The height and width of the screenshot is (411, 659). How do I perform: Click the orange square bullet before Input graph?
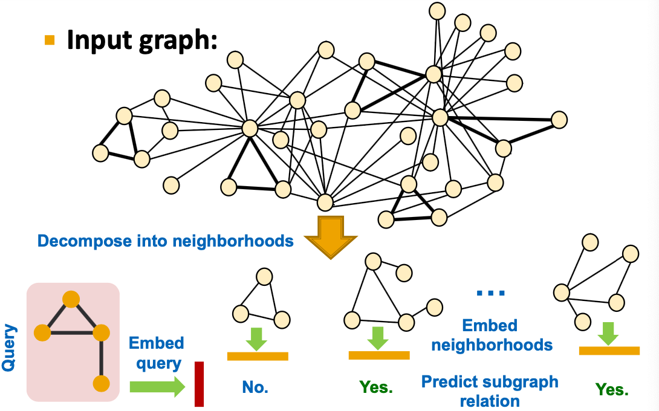(50, 40)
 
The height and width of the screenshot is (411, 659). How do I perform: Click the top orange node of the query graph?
(71, 299)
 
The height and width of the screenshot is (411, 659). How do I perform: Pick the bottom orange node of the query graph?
(102, 383)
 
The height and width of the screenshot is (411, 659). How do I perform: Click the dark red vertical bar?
(199, 384)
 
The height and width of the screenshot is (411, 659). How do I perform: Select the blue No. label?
(255, 387)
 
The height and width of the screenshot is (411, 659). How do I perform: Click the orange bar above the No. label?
(258, 356)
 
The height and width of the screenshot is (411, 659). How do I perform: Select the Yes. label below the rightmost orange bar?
(611, 390)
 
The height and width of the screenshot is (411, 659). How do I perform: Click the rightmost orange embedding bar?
(609, 351)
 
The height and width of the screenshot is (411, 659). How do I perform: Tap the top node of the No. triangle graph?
(264, 277)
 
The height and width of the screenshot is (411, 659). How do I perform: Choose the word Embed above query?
(156, 343)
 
